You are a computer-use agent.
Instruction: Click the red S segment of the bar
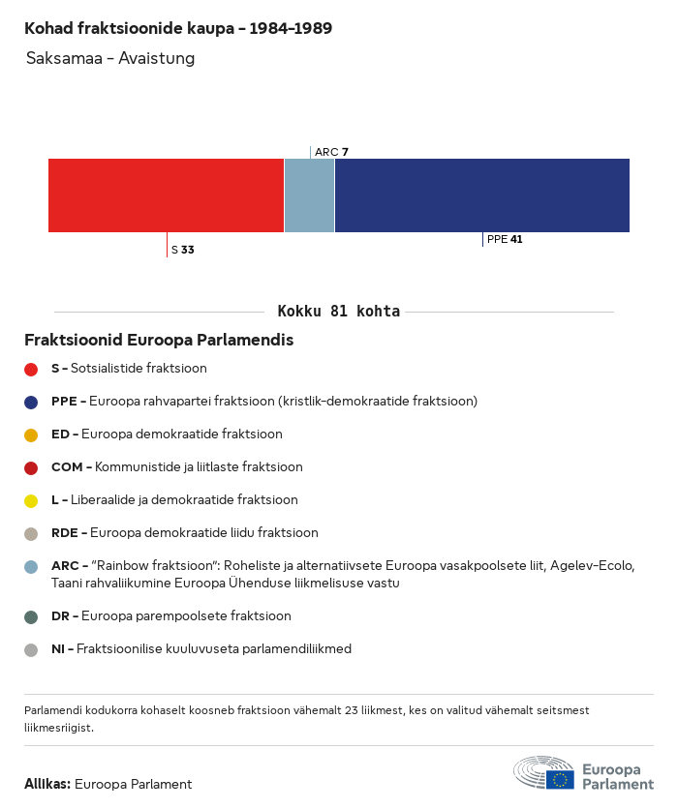pos(166,195)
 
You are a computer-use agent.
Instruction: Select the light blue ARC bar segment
pos(309,195)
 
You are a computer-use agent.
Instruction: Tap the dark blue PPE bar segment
pos(481,195)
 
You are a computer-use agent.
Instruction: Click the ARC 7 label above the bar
pos(331,152)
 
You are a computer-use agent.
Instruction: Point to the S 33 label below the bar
pos(182,250)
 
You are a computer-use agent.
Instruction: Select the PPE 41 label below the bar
pos(505,239)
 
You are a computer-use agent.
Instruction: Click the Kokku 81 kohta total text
pos(338,312)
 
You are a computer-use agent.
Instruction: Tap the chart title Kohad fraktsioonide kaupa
pos(178,28)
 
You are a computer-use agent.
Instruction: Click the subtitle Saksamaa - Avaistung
pos(110,58)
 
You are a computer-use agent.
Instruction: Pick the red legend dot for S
pos(31,369)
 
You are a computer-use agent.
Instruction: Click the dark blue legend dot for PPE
pos(31,402)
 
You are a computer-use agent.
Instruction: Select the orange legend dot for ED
pos(31,434)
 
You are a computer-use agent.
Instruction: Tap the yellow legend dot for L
pos(31,500)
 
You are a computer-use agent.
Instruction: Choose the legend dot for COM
pos(31,467)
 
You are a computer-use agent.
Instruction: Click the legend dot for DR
pos(31,616)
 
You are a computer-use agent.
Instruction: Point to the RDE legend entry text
pos(184,533)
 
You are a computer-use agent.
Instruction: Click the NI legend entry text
pos(200,649)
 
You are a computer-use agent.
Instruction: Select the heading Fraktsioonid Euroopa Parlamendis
pos(159,341)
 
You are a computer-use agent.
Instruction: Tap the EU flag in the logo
pos(559,779)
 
